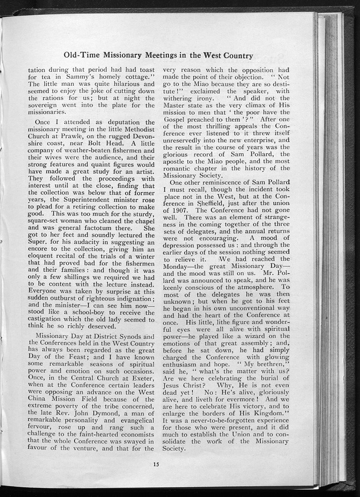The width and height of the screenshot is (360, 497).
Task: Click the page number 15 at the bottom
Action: click(155, 463)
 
